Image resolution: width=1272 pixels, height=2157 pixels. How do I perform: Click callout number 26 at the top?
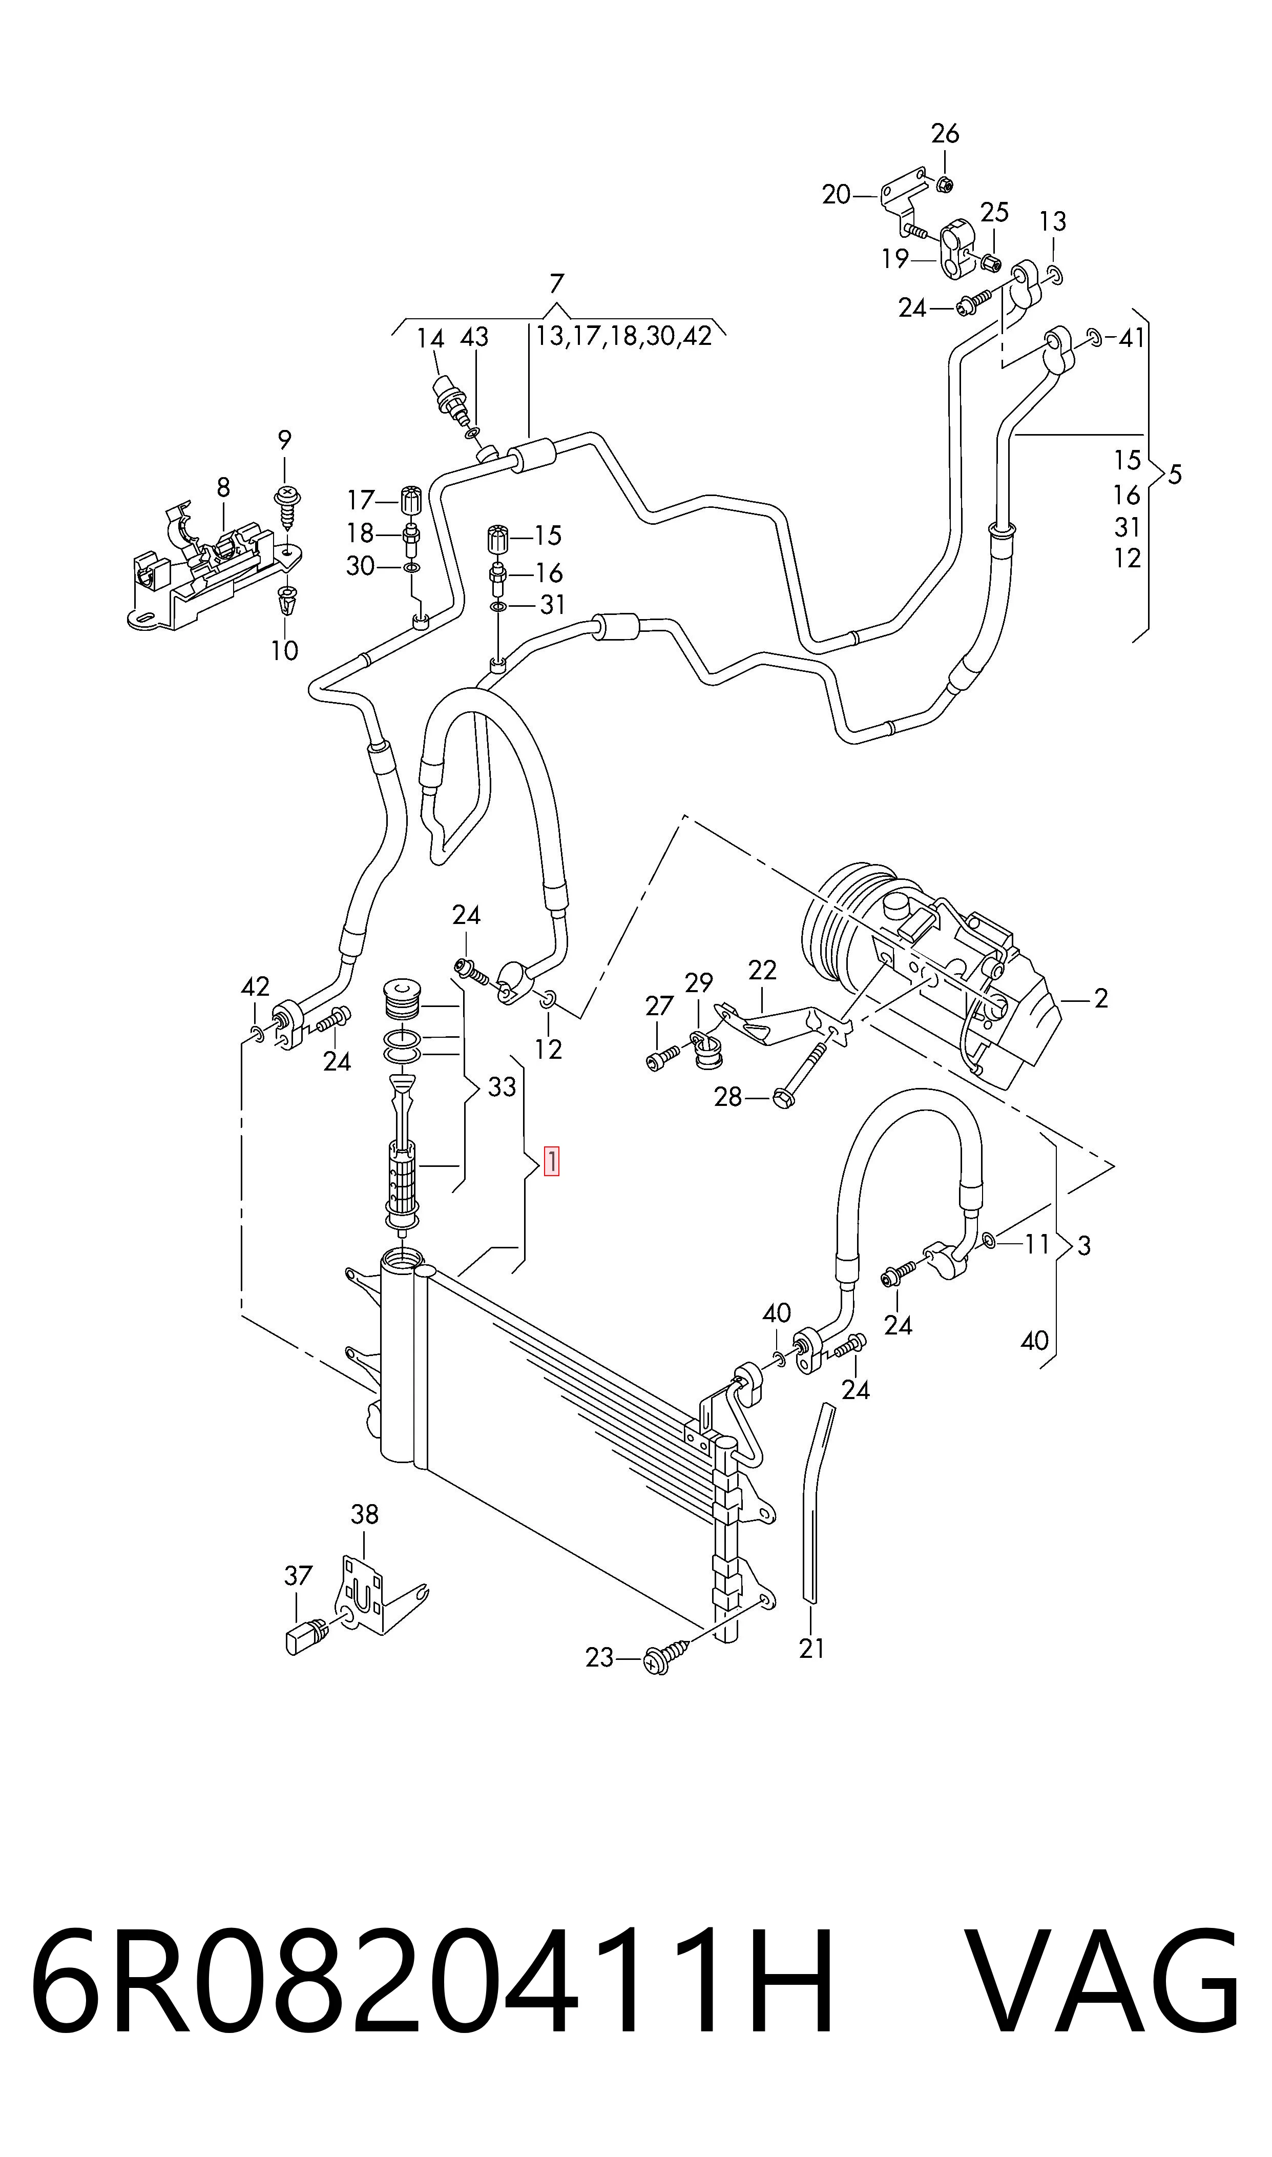945,134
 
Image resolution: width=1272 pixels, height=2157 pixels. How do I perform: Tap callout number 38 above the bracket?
364,1515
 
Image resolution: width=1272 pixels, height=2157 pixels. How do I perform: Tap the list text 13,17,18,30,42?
624,336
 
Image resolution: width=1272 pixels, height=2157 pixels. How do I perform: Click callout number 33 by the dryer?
502,1087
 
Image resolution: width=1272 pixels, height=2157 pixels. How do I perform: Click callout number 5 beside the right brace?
1174,474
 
